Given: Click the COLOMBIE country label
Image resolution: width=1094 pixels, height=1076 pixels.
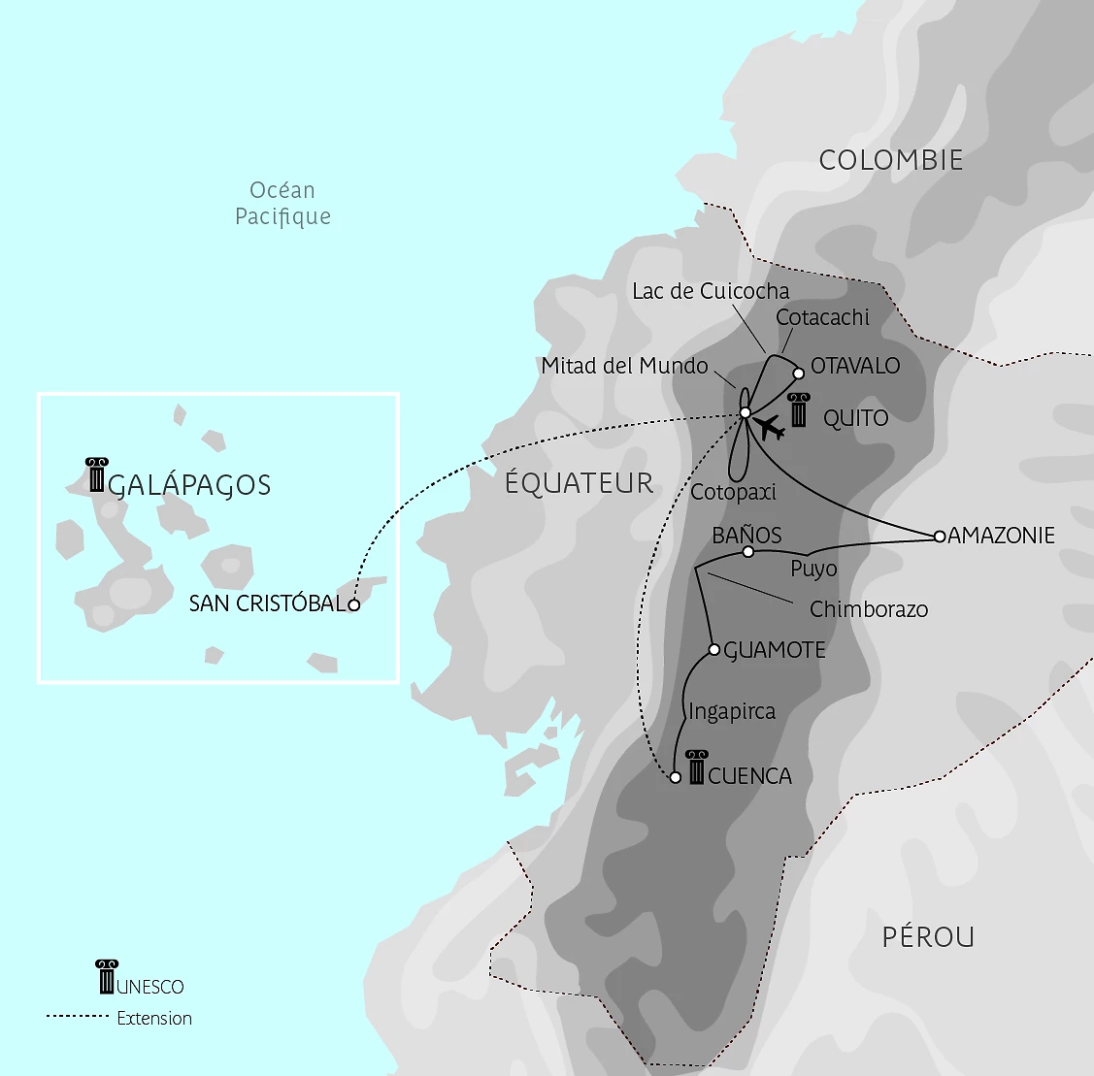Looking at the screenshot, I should pyautogui.click(x=891, y=160).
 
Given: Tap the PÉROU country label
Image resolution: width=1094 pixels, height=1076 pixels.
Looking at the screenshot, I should pyautogui.click(x=928, y=937).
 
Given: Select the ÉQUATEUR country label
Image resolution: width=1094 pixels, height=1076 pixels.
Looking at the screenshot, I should pyautogui.click(x=580, y=483).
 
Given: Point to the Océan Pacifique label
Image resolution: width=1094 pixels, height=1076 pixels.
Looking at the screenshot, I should pyautogui.click(x=282, y=204).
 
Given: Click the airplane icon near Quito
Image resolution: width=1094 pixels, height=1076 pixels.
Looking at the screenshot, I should pyautogui.click(x=771, y=427).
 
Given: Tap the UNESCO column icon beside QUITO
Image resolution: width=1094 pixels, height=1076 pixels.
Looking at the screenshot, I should pyautogui.click(x=798, y=410).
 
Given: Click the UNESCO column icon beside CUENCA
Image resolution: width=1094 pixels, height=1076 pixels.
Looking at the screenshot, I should pyautogui.click(x=696, y=767).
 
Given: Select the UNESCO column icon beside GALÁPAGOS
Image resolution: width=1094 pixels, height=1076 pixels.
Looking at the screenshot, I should pyautogui.click(x=96, y=475).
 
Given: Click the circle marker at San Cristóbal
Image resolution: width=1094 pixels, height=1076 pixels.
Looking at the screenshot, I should pyautogui.click(x=354, y=604).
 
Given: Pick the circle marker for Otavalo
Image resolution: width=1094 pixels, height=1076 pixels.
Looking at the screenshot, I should pyautogui.click(x=799, y=373).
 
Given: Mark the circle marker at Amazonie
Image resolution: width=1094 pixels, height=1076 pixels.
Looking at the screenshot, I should pyautogui.click(x=939, y=536).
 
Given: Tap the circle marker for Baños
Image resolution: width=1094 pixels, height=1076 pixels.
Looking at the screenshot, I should pyautogui.click(x=747, y=552).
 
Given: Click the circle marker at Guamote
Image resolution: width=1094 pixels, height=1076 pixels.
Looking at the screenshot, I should pyautogui.click(x=714, y=650).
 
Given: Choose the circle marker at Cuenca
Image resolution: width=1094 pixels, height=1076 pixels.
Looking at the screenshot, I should pyautogui.click(x=676, y=777).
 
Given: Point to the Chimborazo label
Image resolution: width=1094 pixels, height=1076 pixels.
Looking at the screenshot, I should pyautogui.click(x=869, y=609).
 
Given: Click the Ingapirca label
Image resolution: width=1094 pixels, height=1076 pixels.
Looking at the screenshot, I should pyautogui.click(x=732, y=712).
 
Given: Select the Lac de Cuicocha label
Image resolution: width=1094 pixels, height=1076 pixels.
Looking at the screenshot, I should pyautogui.click(x=711, y=291).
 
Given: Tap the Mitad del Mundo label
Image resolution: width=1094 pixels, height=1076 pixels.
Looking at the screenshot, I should pyautogui.click(x=624, y=366).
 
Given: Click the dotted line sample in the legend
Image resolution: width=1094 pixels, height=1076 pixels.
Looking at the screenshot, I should pyautogui.click(x=77, y=1016).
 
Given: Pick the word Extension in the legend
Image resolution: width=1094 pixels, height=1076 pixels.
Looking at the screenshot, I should pyautogui.click(x=154, y=1018).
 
